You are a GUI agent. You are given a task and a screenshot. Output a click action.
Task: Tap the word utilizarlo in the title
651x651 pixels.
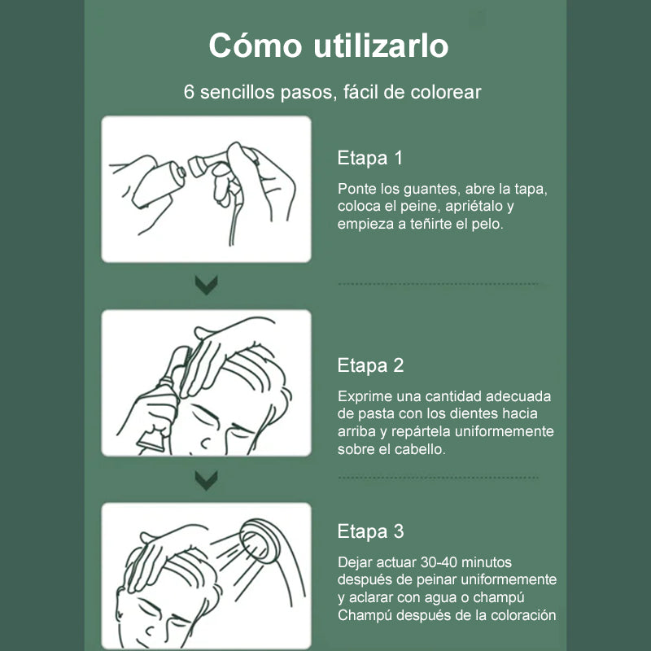pos(381,46)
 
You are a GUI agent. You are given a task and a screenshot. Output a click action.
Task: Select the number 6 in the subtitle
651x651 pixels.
pos(190,92)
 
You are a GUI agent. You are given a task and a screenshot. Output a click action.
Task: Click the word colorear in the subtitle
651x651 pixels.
pos(445,92)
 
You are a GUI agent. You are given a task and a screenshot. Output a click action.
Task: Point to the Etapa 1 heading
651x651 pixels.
pos(370,158)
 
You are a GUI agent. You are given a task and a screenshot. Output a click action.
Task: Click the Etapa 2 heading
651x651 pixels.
pos(370,365)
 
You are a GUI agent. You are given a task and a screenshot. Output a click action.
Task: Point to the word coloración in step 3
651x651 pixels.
pos(521,614)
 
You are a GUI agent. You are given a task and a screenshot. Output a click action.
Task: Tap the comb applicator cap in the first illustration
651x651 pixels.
pos(199,165)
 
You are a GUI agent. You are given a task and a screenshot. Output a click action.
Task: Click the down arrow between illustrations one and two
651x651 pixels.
pos(207,285)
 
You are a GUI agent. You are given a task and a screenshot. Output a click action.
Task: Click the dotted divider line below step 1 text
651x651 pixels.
pos(438,284)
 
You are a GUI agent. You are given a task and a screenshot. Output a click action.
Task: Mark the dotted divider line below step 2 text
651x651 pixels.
pos(438,478)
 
